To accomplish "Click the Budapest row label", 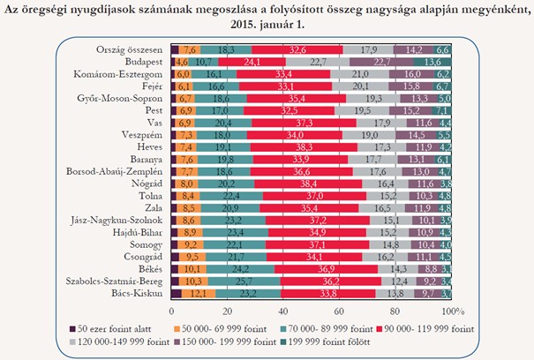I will click(142, 63).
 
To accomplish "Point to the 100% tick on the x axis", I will click(452, 311).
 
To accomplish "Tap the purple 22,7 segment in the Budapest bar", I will click(382, 63).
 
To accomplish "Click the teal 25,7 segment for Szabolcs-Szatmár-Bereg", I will click(242, 279).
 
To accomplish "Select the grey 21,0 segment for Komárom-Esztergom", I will click(359, 76).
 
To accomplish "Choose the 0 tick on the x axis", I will click(170, 311).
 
